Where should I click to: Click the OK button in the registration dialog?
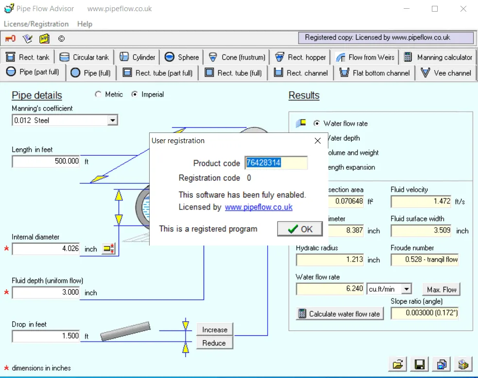click(x=300, y=229)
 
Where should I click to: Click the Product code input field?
click(x=276, y=163)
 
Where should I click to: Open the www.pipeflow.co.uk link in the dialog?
click(x=258, y=207)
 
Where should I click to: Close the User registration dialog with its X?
click(x=318, y=140)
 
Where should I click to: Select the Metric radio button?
click(x=98, y=95)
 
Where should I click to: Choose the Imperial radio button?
click(x=134, y=95)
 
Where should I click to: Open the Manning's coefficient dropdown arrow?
click(x=113, y=120)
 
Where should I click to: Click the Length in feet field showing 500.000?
click(x=46, y=161)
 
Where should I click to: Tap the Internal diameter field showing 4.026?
click(x=46, y=248)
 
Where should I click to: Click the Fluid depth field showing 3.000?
click(x=46, y=293)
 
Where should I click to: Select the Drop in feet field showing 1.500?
click(x=46, y=336)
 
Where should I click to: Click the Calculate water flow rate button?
click(x=340, y=314)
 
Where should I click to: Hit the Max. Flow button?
click(x=441, y=289)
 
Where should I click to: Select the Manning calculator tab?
click(x=438, y=57)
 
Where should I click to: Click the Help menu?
click(x=85, y=24)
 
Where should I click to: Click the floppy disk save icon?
click(x=420, y=364)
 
